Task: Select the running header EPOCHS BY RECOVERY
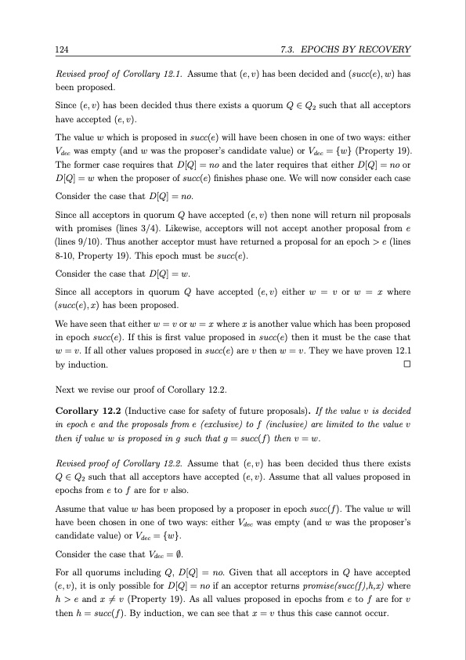point(345,50)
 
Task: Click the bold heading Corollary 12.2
point(89,409)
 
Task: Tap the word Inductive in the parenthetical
point(148,409)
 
